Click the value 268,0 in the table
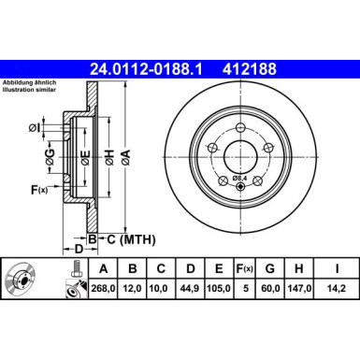102,288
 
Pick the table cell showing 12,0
133,288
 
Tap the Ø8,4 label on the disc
238,179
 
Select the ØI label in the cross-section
35,127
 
